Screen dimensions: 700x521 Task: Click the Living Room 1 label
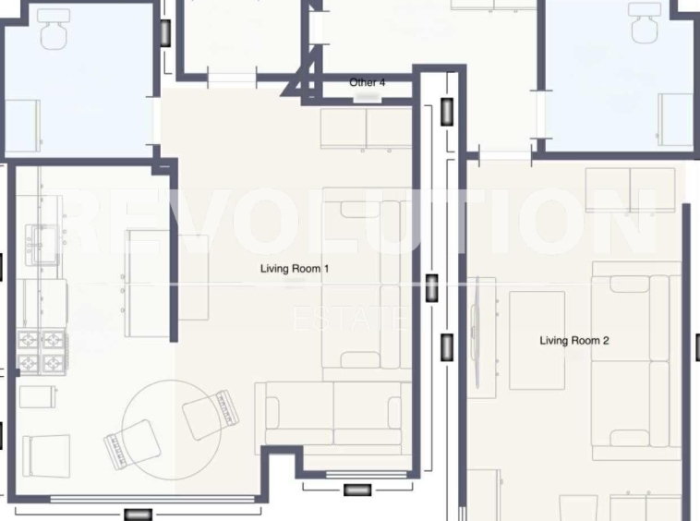coord(295,269)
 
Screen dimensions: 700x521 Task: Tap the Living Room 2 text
coord(574,341)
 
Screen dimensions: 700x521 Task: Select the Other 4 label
coord(367,82)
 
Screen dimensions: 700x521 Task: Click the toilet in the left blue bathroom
coord(54,28)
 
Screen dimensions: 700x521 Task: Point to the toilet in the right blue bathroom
coord(646,22)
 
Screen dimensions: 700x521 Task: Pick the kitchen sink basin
coord(42,245)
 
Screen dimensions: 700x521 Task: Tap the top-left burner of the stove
coord(29,340)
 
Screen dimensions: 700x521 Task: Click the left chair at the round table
coord(132,444)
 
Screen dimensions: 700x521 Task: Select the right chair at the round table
coord(211,415)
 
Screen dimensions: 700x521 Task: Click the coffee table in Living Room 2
coord(537,341)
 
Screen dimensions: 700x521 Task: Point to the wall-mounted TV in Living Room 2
coord(476,333)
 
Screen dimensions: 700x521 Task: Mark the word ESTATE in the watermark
coord(350,319)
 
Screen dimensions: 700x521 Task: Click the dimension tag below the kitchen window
coord(138,515)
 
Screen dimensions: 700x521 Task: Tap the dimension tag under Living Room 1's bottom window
coord(357,491)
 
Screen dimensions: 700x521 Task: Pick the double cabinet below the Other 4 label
coord(366,129)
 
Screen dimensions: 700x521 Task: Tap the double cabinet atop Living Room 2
coord(631,190)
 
